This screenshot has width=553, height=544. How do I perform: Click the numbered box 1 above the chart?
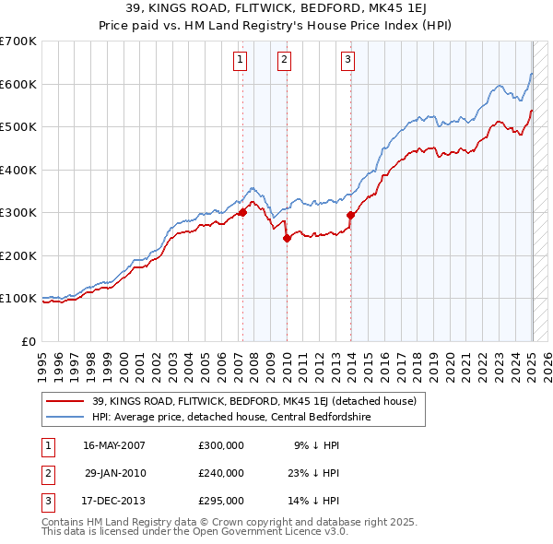click(240, 61)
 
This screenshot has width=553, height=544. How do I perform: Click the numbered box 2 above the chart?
click(284, 61)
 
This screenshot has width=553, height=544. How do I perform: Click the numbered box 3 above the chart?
click(348, 61)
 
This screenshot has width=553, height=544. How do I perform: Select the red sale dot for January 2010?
click(287, 238)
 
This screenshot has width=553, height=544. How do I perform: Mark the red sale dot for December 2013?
click(351, 215)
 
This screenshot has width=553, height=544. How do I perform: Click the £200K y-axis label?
click(21, 255)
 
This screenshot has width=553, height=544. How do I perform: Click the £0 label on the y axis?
click(29, 341)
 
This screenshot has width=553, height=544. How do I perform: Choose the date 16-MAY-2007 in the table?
click(114, 444)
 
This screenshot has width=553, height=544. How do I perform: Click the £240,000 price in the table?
click(221, 473)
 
